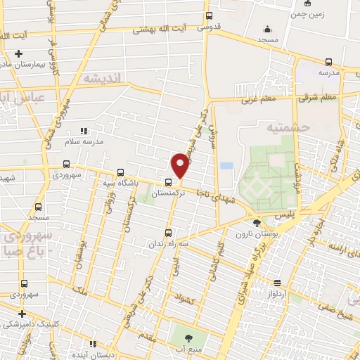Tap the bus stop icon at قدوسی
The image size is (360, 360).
[209, 15]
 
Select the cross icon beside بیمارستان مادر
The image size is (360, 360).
[18, 54]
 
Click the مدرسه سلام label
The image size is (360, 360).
[103, 141]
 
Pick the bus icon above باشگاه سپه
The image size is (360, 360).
[120, 172]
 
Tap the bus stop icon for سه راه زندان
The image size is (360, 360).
[167, 233]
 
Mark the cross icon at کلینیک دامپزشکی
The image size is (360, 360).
[22, 314]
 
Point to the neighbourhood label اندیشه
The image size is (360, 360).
[101, 77]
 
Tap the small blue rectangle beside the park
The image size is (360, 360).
[226, 166]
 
